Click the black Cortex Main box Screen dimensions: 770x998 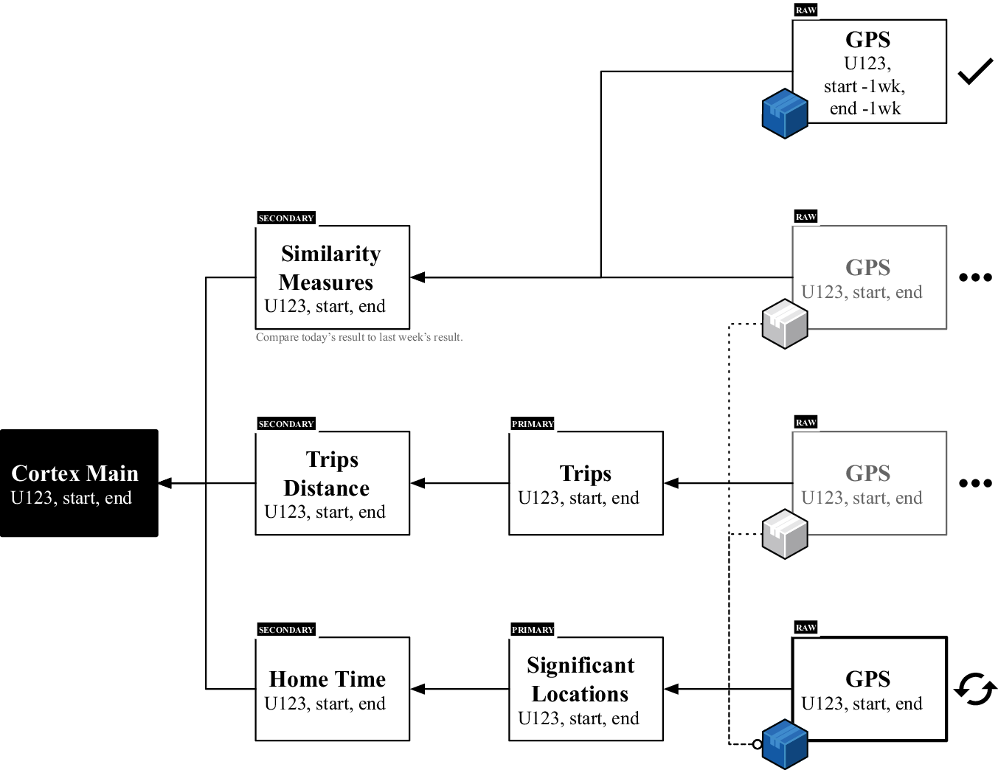[x=79, y=483]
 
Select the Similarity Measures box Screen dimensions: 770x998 [x=332, y=277]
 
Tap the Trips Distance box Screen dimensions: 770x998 [x=332, y=483]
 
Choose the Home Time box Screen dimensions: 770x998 [x=332, y=689]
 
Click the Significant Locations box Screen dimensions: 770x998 [x=586, y=689]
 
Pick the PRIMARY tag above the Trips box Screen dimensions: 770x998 [x=533, y=424]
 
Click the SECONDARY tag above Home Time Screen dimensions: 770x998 [x=286, y=630]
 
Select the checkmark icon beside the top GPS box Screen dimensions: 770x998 [x=975, y=72]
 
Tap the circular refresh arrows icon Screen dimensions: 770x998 [x=975, y=689]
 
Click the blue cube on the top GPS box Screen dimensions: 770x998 [x=784, y=114]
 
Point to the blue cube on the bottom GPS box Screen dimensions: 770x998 [x=784, y=744]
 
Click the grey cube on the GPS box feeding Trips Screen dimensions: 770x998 [x=784, y=534]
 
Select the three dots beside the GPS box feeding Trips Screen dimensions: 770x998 [x=975, y=483]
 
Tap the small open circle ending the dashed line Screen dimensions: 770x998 [x=757, y=744]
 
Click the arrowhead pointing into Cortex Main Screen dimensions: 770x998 [x=165, y=483]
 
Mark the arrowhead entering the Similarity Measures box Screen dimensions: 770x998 [x=417, y=277]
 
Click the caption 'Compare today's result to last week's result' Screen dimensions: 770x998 [x=359, y=337]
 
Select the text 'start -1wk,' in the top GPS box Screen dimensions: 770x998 [x=864, y=86]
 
